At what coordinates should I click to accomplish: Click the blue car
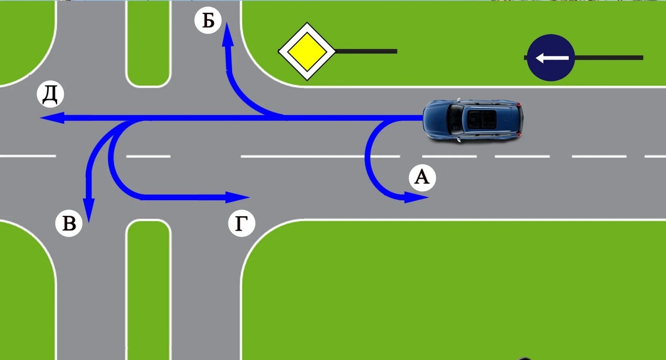pos(473,120)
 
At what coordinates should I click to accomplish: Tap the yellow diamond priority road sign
pos(307,51)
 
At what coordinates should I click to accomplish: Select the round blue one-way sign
pos(551,58)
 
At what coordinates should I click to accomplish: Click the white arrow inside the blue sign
pos(552,58)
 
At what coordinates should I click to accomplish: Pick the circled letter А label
pos(422,177)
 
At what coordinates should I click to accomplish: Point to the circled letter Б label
pos(208,20)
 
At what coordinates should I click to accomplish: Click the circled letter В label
pos(69,223)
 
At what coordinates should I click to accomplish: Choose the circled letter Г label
pos(241,223)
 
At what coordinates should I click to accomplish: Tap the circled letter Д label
pos(50,94)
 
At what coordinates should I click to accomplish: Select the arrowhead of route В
pos(89,210)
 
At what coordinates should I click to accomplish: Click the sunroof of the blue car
pos(481,119)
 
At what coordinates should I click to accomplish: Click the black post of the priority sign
pos(366,51)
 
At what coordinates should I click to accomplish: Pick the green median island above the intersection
pos(148,44)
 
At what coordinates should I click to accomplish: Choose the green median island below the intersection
pos(148,290)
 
